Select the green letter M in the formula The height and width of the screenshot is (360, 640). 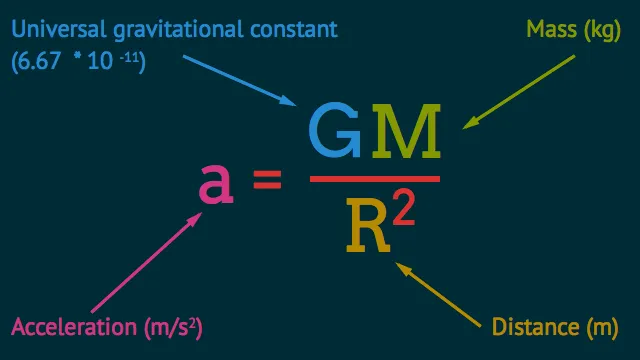tap(406, 134)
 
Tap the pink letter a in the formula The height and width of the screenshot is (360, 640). tap(217, 181)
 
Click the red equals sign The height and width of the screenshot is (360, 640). tap(266, 182)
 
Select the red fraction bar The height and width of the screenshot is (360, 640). tap(375, 179)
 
